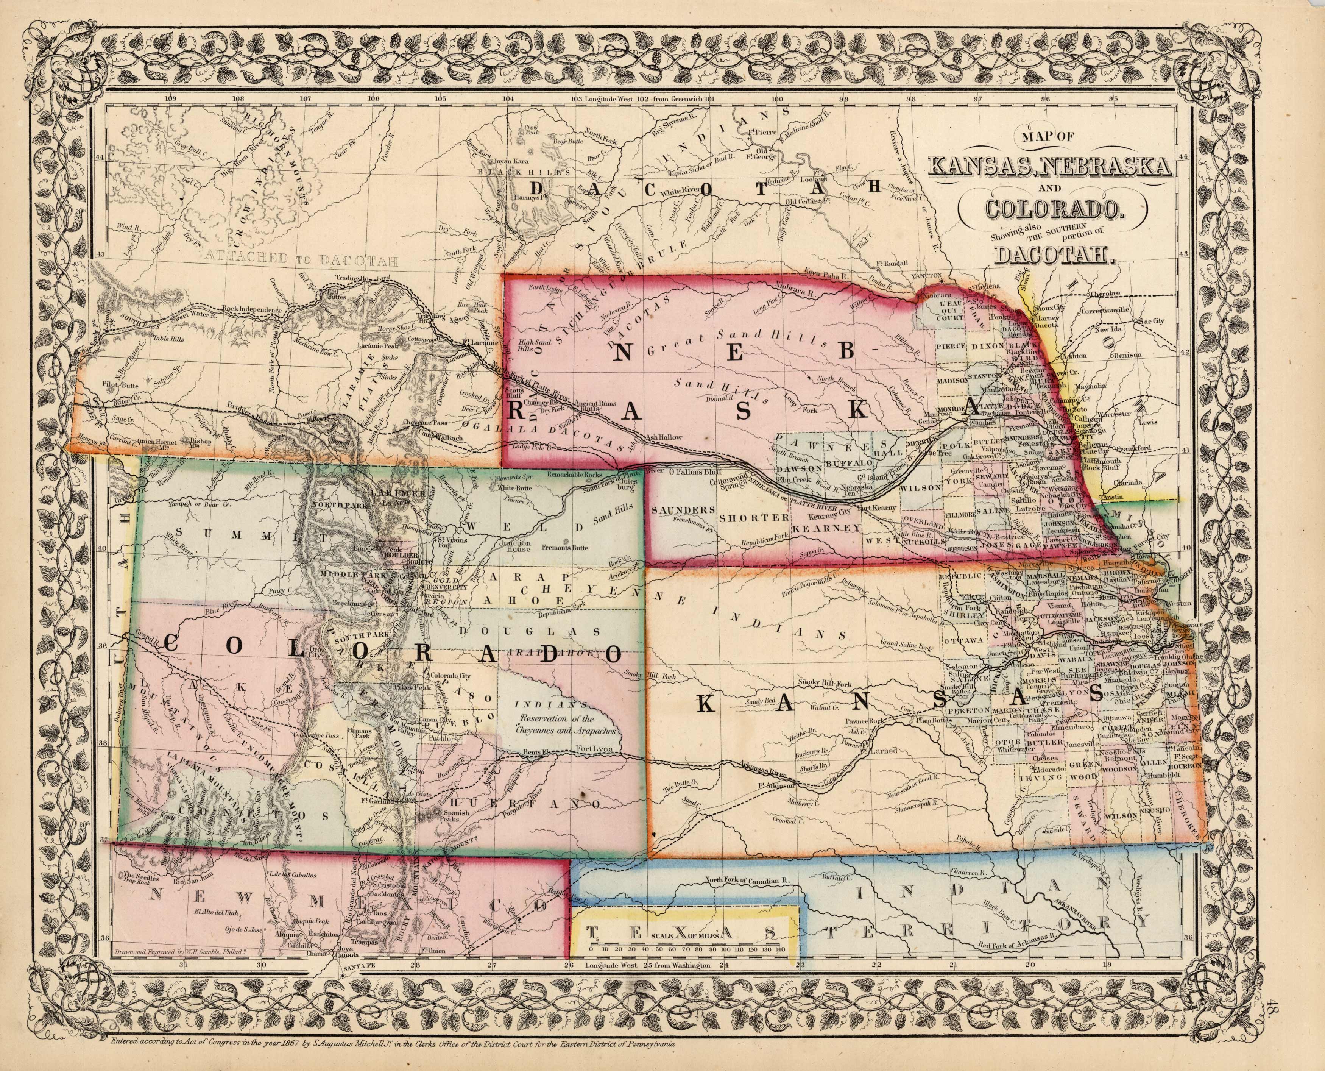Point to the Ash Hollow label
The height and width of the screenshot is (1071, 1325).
[x=663, y=437]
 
